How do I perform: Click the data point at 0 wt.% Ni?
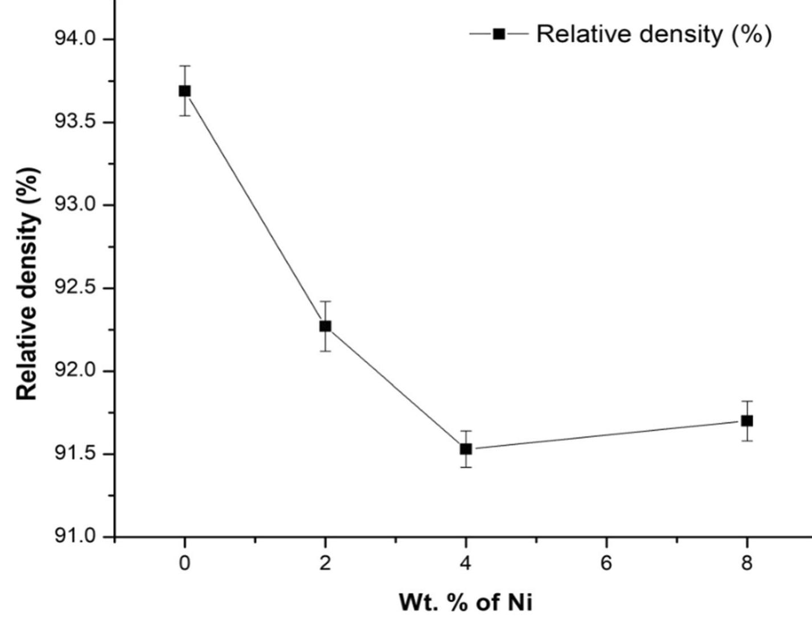coord(184,91)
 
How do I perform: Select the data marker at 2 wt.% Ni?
coord(325,326)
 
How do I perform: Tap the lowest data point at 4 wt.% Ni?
coord(466,449)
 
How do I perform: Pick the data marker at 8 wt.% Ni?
coord(747,421)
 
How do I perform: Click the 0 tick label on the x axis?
coord(184,564)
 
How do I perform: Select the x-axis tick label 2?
coord(325,564)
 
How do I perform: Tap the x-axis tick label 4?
coord(466,564)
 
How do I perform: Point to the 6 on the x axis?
coord(606,564)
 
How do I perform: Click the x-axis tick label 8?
coord(747,564)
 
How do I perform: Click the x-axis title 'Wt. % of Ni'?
coord(466,603)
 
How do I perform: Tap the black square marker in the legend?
coord(499,34)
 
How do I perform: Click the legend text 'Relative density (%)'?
coord(654,34)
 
